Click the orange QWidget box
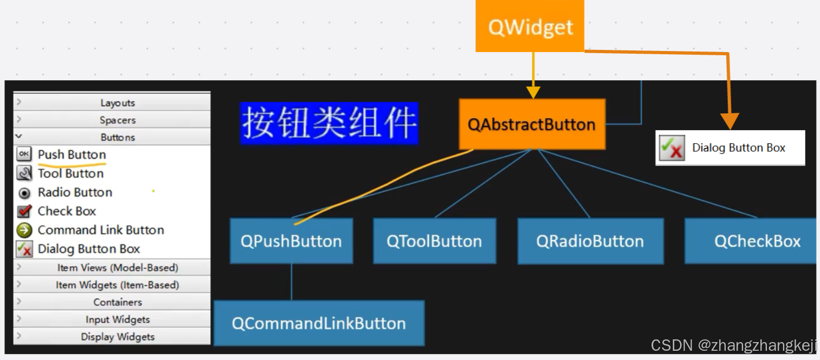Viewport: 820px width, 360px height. (x=530, y=26)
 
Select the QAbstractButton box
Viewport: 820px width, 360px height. (x=532, y=124)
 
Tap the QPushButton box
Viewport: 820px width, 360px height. (x=291, y=241)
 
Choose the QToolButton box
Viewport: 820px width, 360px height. (x=434, y=241)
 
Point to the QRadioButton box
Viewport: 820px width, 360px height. (x=590, y=241)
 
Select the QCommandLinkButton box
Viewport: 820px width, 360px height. (x=319, y=323)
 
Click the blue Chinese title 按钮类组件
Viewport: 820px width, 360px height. (x=329, y=123)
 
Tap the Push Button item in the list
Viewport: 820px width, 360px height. (x=72, y=155)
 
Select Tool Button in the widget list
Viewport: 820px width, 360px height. (x=70, y=173)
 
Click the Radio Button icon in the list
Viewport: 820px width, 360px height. (x=24, y=192)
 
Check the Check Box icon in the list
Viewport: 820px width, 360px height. (x=24, y=211)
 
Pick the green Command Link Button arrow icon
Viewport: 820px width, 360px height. (x=24, y=230)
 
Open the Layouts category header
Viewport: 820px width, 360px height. (x=117, y=102)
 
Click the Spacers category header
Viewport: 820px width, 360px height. (x=117, y=120)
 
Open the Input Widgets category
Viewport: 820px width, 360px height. (x=117, y=319)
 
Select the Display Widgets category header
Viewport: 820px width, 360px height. (x=117, y=337)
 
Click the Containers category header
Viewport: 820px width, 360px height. (x=117, y=302)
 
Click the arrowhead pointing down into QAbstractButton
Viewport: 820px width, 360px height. (x=533, y=92)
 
